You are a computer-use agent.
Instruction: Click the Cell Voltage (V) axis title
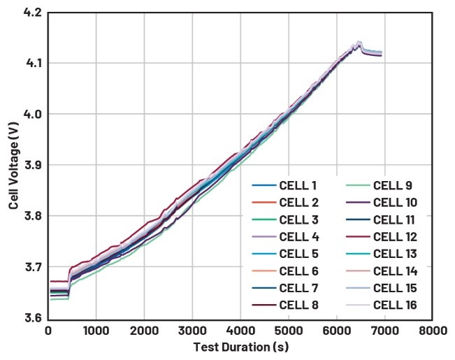tap(13, 166)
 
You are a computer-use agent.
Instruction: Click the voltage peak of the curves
tap(359, 43)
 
